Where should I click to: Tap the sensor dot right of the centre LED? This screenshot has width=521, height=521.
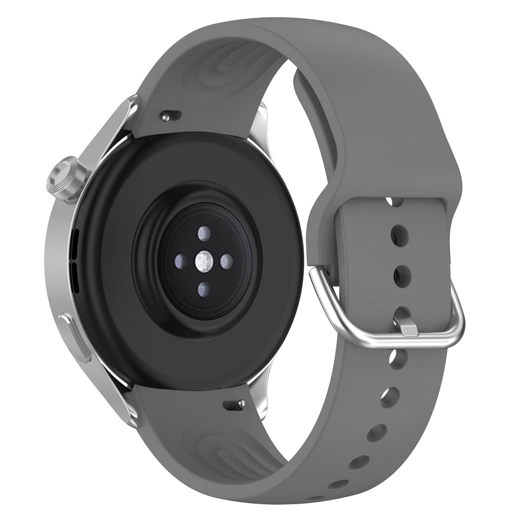[226, 261]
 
